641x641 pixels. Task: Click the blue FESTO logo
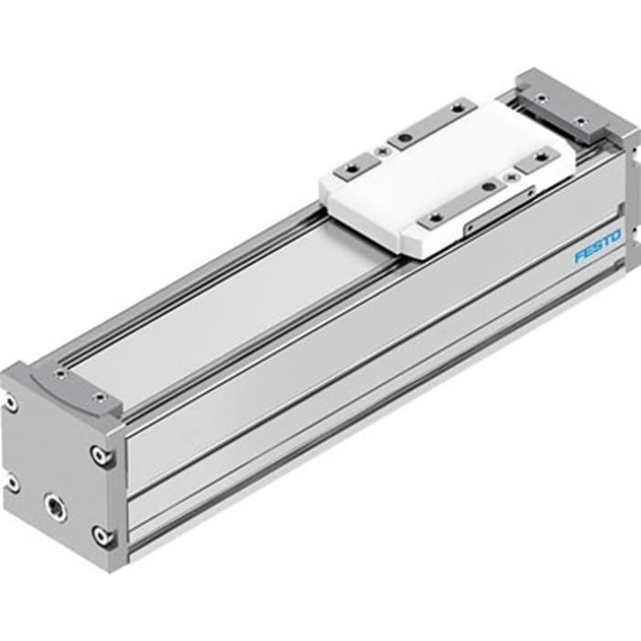[597, 245]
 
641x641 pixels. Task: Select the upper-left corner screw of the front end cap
[10, 400]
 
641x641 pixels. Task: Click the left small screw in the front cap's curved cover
[60, 373]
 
